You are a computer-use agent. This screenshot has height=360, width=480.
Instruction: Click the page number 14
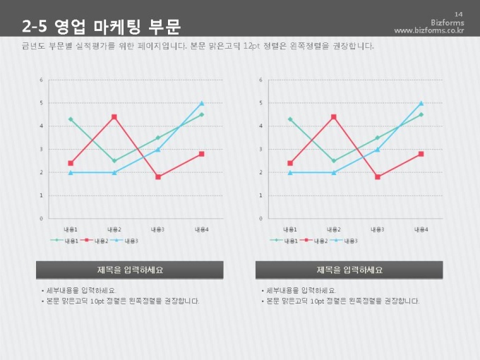coord(458,14)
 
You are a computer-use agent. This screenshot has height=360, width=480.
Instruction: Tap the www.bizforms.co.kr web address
coord(429,31)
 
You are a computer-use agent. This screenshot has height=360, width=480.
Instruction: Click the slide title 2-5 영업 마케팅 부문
coord(101,27)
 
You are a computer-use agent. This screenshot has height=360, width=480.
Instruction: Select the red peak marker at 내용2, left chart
coord(114,117)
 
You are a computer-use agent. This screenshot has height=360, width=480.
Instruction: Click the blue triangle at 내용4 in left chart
coord(202,103)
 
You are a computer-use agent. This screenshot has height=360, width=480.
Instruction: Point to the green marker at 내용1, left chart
coord(71,119)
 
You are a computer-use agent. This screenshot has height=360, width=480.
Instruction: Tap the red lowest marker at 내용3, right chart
coord(378,177)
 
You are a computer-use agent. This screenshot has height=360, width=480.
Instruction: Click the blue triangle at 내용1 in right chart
coord(290,172)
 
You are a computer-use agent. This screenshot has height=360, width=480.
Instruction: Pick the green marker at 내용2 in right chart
coord(334,161)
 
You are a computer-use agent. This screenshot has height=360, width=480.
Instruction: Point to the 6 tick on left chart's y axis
coord(42,80)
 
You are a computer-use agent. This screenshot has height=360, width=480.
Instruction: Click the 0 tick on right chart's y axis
coord(261,218)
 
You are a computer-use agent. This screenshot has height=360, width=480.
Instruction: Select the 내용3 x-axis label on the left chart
coord(158,229)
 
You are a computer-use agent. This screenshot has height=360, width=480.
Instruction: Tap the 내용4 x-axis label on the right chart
coord(421,229)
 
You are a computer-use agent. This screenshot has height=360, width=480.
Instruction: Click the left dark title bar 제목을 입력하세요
coord(130,270)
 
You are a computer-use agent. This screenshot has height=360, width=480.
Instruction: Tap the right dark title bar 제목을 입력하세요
coord(349,270)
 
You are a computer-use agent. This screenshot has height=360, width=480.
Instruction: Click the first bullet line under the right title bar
coord(299,290)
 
